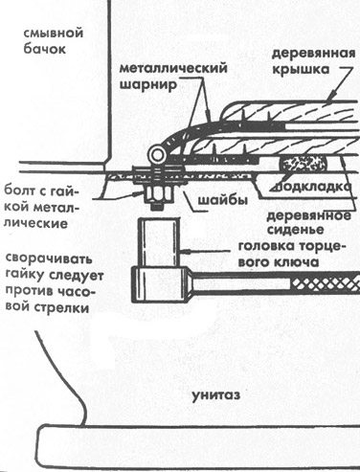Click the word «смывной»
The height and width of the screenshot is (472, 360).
pyautogui.click(x=54, y=33)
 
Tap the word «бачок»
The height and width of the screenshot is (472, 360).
pyautogui.click(x=45, y=49)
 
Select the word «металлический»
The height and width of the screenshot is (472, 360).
pyautogui.click(x=173, y=68)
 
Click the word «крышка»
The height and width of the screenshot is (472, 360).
pyautogui.click(x=301, y=69)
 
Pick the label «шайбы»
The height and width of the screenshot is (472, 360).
pyautogui.click(x=223, y=200)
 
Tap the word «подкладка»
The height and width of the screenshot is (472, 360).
pyautogui.click(x=311, y=186)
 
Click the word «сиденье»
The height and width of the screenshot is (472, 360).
pyautogui.click(x=296, y=230)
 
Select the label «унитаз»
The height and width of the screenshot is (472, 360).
pyautogui.click(x=215, y=395)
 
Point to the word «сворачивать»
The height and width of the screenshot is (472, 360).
pyautogui.click(x=49, y=258)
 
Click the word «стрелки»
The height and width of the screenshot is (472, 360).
pyautogui.click(x=60, y=308)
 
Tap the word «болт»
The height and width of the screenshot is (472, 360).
pyautogui.click(x=21, y=191)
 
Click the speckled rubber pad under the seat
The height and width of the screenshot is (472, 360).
pyautogui.click(x=304, y=165)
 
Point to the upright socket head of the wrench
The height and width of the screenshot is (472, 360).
pyautogui.click(x=158, y=241)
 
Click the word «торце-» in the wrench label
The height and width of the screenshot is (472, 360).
pyautogui.click(x=321, y=246)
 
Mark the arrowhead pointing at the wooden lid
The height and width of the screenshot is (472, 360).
pyautogui.click(x=332, y=95)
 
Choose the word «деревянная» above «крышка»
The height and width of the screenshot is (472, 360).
pyautogui.click(x=313, y=54)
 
